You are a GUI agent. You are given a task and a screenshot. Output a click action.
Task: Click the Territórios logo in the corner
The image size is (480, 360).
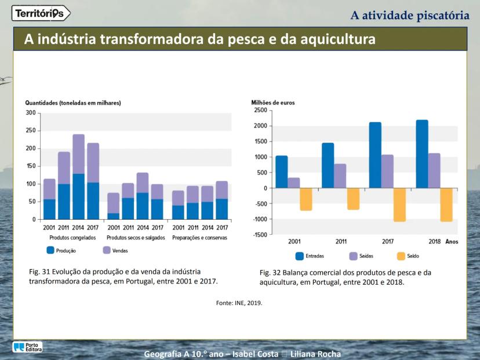pyautogui.click(x=41, y=13)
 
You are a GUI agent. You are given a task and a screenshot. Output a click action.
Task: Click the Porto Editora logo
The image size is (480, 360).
pyautogui.click(x=27, y=347)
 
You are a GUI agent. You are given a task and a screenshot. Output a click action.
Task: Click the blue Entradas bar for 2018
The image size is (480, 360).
pyautogui.click(x=422, y=154)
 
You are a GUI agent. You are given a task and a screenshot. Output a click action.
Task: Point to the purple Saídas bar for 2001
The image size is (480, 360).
pyautogui.click(x=294, y=183)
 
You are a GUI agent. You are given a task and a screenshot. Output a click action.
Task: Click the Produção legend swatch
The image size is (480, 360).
pyautogui.click(x=50, y=250)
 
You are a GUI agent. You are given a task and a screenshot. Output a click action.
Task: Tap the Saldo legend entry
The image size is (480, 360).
pyautogui.click(x=408, y=256)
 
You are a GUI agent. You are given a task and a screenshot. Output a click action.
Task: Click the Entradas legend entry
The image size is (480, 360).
pyautogui.click(x=309, y=256)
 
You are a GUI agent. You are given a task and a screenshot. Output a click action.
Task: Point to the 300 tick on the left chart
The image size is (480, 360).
pyautogui.click(x=30, y=113)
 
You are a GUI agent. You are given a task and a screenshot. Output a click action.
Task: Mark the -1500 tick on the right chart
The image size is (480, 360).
pyautogui.click(x=260, y=234)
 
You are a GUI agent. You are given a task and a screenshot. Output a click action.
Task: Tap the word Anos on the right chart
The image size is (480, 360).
pyautogui.click(x=452, y=242)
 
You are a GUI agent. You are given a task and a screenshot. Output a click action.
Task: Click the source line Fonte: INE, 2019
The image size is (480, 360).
pyautogui.click(x=239, y=303)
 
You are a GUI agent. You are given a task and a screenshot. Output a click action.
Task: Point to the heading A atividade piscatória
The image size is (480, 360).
pyautogui.click(x=410, y=14)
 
